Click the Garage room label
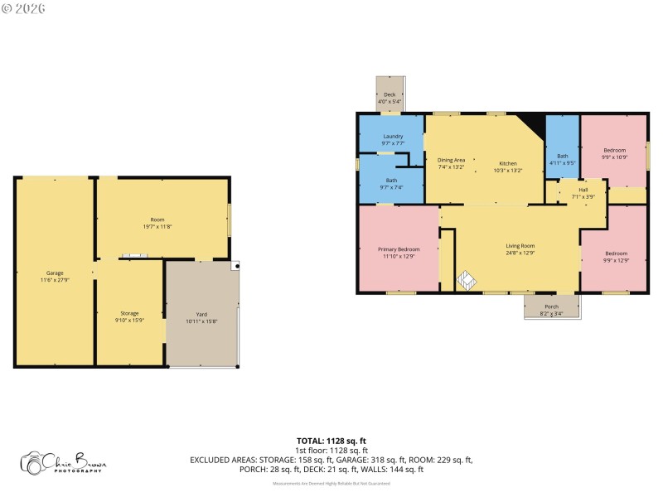click(55, 273)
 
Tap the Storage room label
click(129, 313)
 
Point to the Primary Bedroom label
click(399, 249)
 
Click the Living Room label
click(520, 246)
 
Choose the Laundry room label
click(393, 136)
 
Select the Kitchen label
click(508, 163)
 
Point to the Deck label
click(390, 94)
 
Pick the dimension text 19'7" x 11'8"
click(157, 226)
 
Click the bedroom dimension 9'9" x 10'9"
click(614, 157)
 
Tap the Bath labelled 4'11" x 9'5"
click(563, 159)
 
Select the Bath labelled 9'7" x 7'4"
click(391, 183)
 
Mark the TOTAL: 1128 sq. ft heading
click(331, 441)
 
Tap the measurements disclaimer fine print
click(331, 483)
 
